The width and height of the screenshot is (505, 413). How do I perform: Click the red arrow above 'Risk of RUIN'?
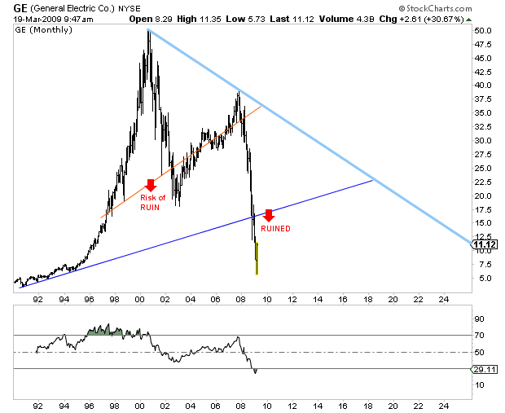tap(150, 186)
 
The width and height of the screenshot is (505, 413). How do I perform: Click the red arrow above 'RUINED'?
tap(269, 217)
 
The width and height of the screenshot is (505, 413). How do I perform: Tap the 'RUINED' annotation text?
tap(276, 229)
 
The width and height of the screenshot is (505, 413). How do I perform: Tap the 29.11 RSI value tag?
tap(483, 369)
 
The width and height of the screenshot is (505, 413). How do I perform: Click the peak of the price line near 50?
tap(147, 31)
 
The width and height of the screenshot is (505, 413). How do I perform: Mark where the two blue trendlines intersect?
tap(373, 179)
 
